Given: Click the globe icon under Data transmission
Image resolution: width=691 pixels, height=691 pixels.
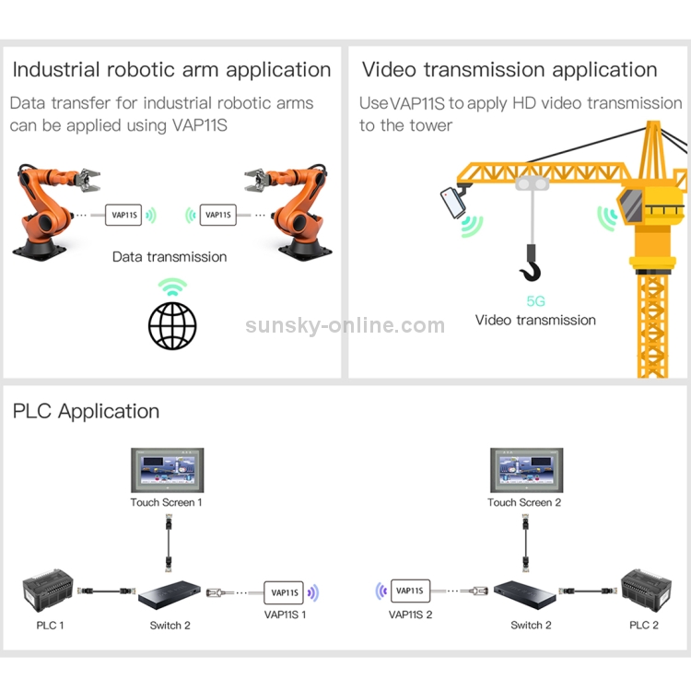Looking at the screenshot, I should coord(172,323).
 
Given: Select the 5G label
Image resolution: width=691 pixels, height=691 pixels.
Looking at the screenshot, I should coord(535,300).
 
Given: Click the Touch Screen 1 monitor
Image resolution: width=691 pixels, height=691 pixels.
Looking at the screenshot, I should coord(166,471).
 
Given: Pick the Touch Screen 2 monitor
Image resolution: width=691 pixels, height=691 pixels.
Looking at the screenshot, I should coord(524,471).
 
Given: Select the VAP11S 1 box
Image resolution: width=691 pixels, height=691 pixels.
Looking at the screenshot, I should coord(286,592).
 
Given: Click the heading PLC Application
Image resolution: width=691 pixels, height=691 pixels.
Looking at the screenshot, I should coord(86,412).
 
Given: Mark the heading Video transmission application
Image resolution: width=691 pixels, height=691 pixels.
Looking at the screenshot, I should coord(509,70).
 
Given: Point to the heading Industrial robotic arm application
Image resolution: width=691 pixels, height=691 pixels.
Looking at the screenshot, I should coord(171,70).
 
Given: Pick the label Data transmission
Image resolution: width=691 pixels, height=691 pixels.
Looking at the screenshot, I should coord(170,257).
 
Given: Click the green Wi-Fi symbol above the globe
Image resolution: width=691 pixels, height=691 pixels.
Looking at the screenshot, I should coord(172,287).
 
